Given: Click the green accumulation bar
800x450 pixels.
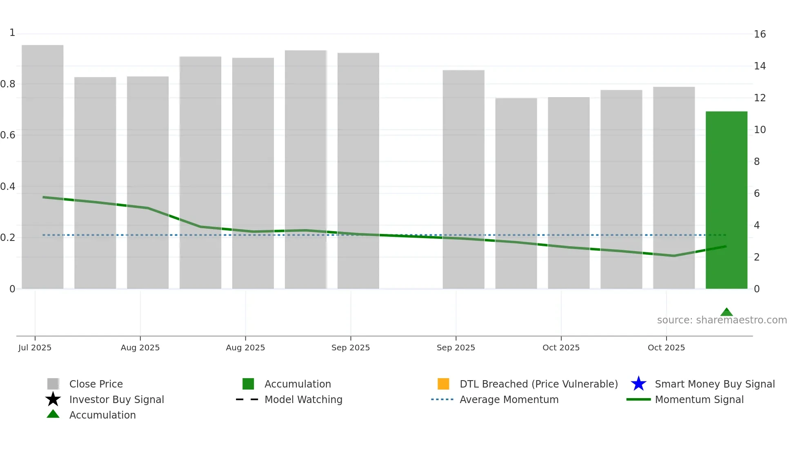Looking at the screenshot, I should click(x=726, y=200).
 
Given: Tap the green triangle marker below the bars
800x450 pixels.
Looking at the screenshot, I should click(x=726, y=312).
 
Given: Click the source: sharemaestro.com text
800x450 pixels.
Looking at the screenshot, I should click(x=722, y=320).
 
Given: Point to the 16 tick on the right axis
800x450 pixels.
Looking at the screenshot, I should click(x=760, y=34).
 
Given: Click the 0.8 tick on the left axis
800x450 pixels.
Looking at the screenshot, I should click(x=8, y=84).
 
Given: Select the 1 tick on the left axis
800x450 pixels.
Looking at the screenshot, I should click(x=12, y=33).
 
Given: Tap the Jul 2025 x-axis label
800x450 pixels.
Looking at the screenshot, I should click(x=35, y=348).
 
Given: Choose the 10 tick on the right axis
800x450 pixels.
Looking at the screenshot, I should click(x=760, y=130).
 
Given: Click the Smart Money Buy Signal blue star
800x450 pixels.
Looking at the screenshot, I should click(x=638, y=384).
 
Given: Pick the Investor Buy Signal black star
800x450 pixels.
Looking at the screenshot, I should click(x=53, y=399).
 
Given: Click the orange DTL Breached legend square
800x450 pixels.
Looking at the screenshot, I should click(x=443, y=384).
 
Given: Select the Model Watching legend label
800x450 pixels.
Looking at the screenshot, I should click(x=303, y=399).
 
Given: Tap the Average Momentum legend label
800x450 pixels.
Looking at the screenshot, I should click(x=509, y=399).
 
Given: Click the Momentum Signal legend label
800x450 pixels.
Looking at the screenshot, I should click(x=699, y=399).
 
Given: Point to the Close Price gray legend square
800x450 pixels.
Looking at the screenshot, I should click(x=53, y=384).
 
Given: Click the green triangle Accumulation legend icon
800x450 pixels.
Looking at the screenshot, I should click(x=53, y=414).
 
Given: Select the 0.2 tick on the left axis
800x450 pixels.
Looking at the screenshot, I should click(x=8, y=238).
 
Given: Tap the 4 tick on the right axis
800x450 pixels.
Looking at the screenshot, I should click(x=757, y=225).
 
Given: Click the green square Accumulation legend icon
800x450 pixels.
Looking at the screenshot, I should click(x=248, y=384).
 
